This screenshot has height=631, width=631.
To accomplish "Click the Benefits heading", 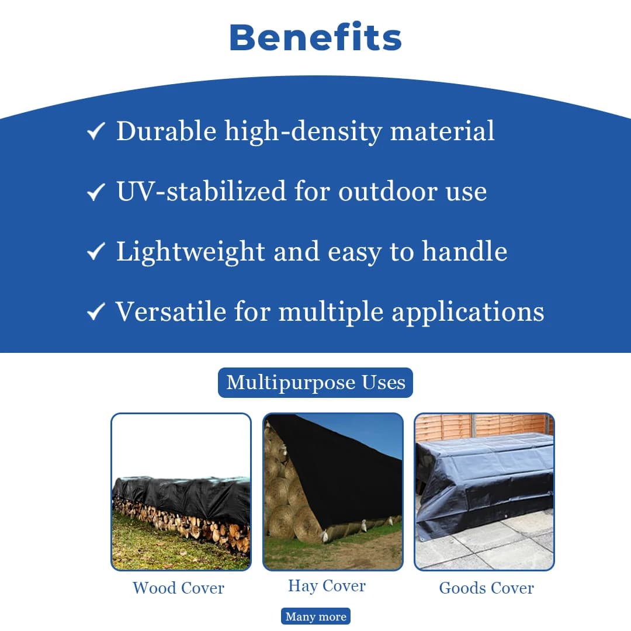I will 315,37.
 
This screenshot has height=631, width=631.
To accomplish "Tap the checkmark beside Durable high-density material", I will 95,131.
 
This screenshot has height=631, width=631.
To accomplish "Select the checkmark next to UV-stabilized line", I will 95,192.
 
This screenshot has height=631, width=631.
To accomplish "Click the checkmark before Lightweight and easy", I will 95,252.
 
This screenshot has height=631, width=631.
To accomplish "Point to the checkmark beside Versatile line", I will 95,313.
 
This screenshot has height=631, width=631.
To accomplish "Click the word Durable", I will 166,130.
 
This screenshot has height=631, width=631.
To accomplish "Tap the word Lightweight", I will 190,252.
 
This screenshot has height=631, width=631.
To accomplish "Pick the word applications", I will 467,312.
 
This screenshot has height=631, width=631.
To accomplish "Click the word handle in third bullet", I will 464,251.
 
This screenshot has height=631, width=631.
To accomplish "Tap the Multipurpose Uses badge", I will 315,383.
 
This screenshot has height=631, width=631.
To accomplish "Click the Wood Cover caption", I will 178,588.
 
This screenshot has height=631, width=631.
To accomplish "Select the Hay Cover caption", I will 327,586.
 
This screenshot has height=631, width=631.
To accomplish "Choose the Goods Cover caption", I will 486,588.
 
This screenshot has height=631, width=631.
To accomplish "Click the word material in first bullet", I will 442,130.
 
